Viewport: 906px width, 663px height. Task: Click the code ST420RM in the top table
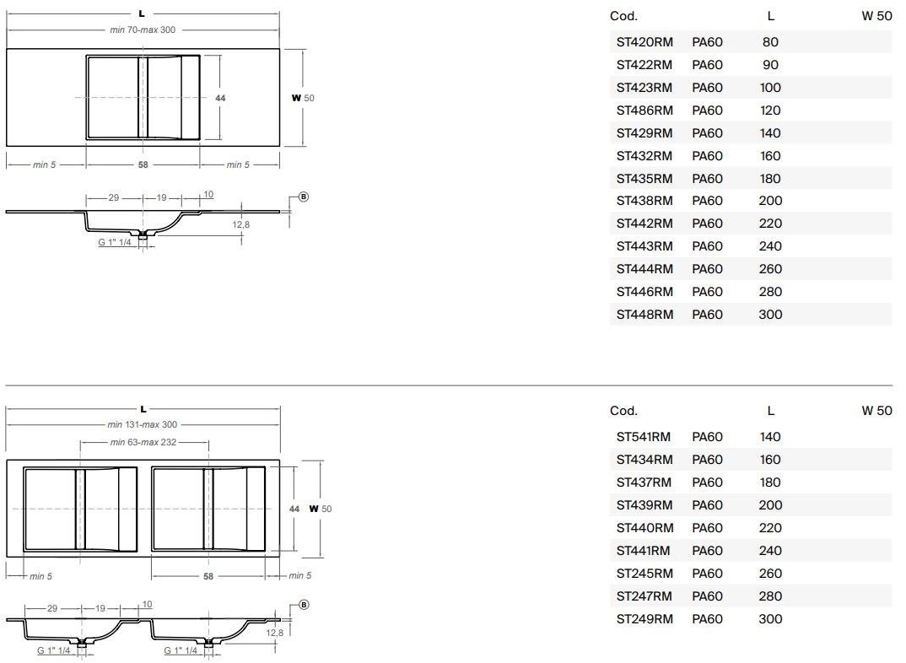pos(644,42)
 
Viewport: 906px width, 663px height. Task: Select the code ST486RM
pos(644,110)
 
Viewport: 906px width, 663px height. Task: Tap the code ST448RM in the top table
pos(644,315)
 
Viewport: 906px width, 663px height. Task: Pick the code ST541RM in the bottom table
pos(643,437)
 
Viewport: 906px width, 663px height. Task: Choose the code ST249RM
pos(644,619)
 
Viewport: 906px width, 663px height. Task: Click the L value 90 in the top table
pos(770,65)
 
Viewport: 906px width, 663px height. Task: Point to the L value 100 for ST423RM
pos(770,88)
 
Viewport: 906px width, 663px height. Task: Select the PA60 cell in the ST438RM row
pos(707,201)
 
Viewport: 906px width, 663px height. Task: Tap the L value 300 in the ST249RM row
pos(770,619)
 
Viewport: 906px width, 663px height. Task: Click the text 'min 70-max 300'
pos(143,30)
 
